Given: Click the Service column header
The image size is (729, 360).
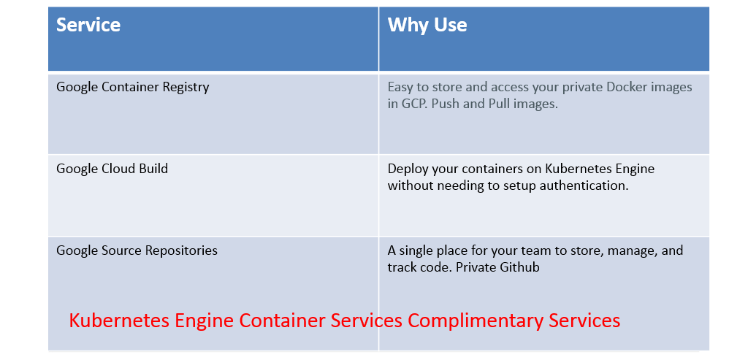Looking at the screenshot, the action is (88, 26).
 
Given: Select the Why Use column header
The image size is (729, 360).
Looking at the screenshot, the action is (427, 26).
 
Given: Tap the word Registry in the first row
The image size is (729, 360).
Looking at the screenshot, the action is (184, 88).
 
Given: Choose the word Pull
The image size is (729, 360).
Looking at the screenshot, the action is (500, 104).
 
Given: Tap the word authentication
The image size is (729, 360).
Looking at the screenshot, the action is (581, 185).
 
